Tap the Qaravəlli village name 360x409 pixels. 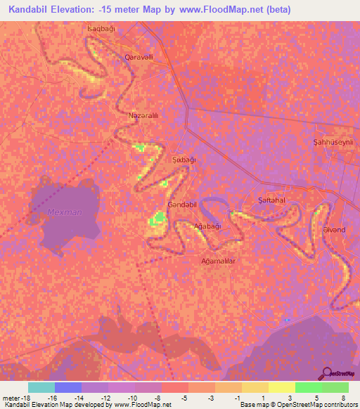coord(139,56)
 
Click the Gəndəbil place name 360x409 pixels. coord(181,204)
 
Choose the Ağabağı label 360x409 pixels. coord(207,226)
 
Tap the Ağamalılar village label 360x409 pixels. coord(217,260)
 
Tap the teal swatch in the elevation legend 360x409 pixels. coord(41,387)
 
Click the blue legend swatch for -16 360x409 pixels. coord(68,387)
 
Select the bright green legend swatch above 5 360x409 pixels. coord(309,387)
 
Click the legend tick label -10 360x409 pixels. coord(134,397)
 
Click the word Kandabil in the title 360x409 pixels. coord(33,10)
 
